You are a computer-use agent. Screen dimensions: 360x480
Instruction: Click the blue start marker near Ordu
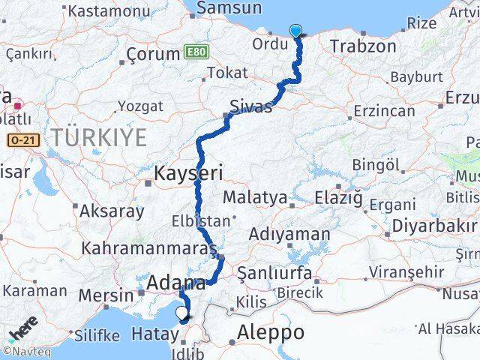296,31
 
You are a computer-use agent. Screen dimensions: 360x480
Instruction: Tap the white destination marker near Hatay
181,315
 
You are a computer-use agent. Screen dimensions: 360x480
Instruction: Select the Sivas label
251,106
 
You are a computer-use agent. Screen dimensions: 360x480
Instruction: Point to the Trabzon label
362,46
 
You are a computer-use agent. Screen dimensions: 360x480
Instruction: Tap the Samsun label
228,8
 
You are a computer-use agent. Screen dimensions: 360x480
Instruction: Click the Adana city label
177,283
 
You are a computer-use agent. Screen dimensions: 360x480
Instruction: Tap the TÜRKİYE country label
98,136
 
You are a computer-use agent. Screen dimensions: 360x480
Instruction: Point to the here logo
23,329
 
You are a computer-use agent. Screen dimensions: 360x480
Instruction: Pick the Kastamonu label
109,11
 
